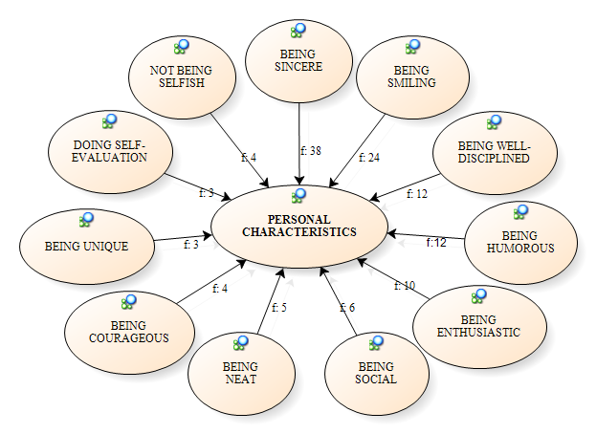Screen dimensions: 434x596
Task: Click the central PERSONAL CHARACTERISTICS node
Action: click(298, 226)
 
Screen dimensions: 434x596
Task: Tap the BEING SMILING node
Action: click(412, 77)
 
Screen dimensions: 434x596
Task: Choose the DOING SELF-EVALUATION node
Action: click(109, 151)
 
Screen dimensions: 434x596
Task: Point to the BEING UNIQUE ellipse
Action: click(86, 246)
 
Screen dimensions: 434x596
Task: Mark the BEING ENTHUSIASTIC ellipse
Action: click(477, 326)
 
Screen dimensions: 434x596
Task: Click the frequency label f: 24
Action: click(369, 157)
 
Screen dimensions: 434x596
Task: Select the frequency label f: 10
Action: click(406, 285)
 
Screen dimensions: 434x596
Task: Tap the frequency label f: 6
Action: click(347, 307)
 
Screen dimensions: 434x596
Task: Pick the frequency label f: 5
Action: click(279, 307)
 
